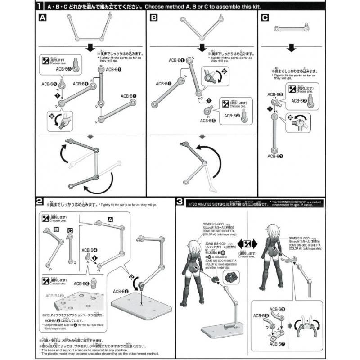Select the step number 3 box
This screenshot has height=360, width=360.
click(x=180, y=200)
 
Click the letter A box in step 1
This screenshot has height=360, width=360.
click(x=42, y=18)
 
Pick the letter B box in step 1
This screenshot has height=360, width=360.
click(x=154, y=18)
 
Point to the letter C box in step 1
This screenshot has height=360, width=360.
click(x=265, y=18)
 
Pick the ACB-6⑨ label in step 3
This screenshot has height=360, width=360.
click(x=277, y=310)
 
